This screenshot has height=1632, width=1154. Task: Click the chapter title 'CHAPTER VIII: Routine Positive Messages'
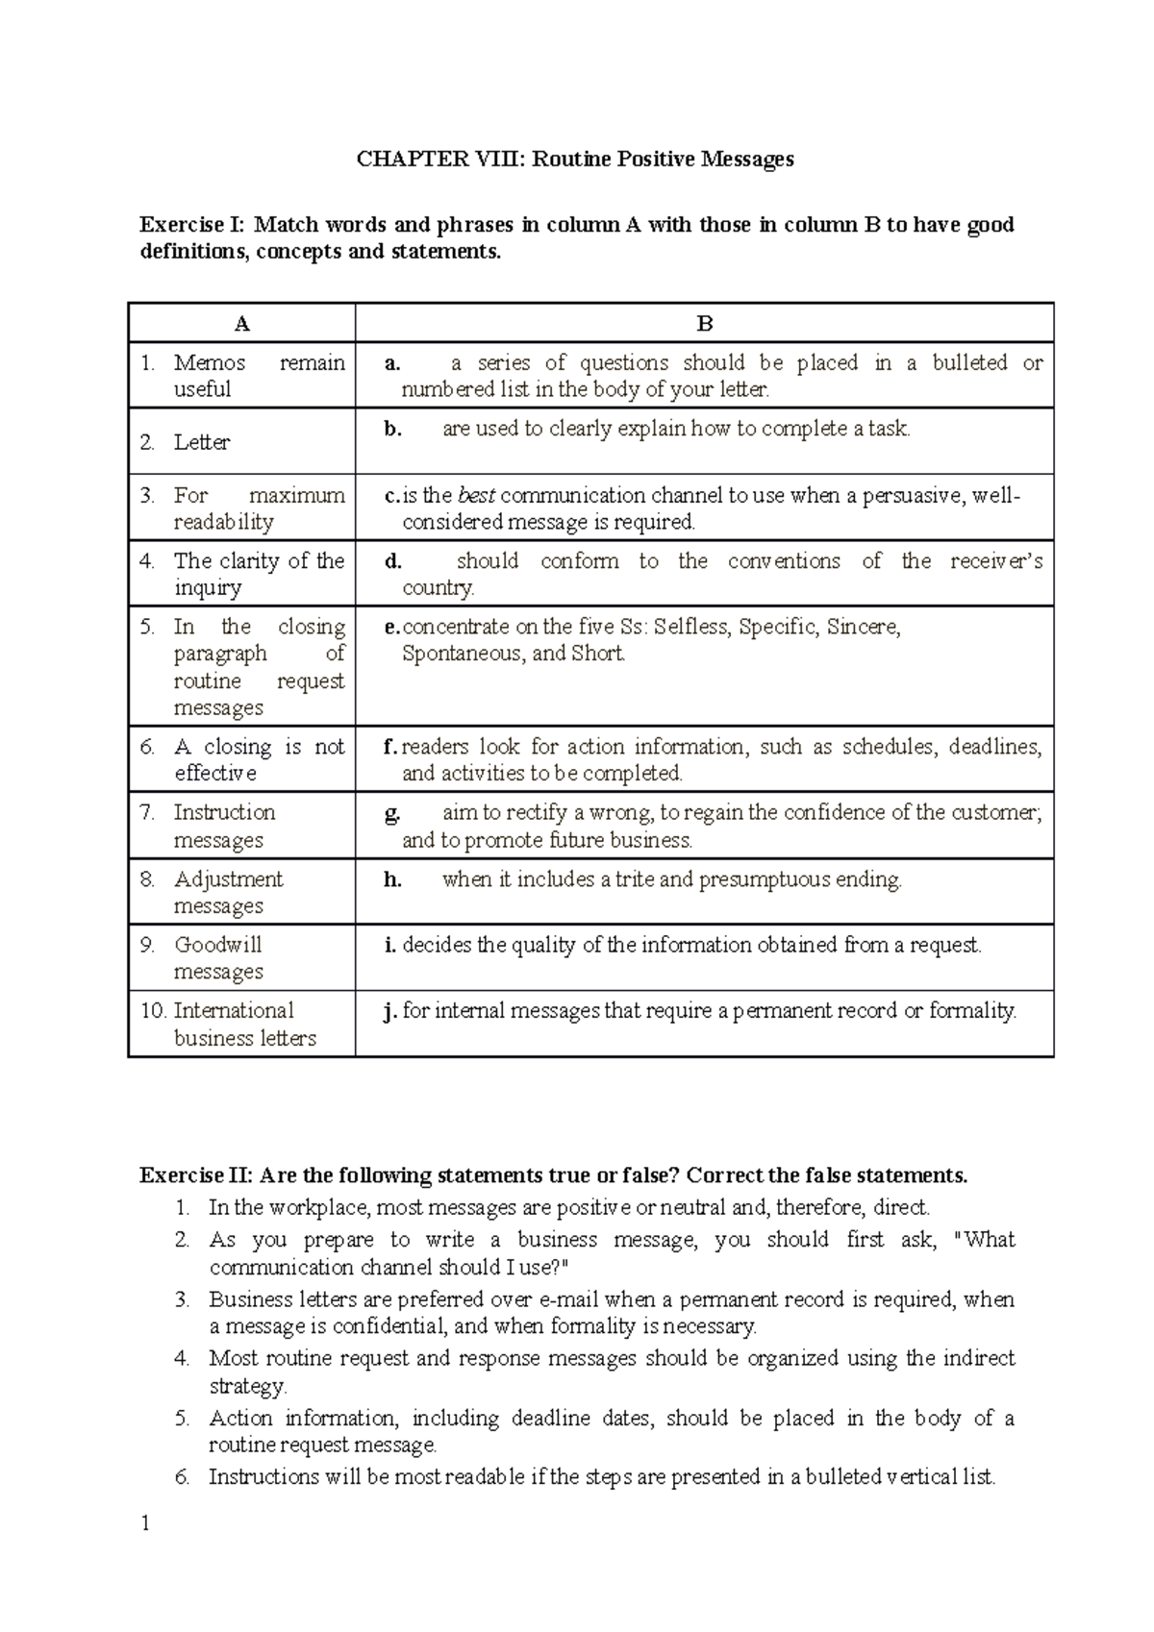pos(575,160)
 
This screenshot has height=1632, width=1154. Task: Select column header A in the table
pos(242,324)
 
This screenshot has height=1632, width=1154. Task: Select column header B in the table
pos(705,324)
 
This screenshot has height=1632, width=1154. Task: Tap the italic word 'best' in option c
pos(476,496)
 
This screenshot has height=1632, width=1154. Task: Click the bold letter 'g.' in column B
pos(391,813)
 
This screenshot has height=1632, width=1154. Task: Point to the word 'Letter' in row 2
pos(201,442)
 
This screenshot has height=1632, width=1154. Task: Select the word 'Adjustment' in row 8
pos(229,879)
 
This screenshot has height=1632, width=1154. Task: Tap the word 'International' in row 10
pos(234,1010)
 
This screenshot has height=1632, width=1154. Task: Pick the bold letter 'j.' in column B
pos(389,1011)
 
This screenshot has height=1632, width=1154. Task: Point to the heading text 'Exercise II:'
pos(195,1175)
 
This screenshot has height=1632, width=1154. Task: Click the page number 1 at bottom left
pos(145,1523)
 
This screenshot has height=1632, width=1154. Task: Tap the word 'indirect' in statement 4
pos(978,1358)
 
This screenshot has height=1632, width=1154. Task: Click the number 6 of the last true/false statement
pos(182,1477)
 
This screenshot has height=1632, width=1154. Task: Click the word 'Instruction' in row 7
pos(224,812)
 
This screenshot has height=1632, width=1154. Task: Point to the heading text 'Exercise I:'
pos(191,225)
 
